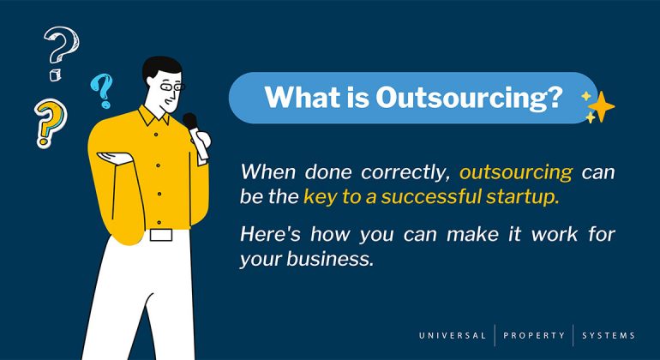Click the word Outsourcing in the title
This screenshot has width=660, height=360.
(x=470, y=98)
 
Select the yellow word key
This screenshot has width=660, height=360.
(x=321, y=197)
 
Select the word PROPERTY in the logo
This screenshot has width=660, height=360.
(x=534, y=335)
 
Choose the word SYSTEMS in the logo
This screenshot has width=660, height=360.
(x=610, y=335)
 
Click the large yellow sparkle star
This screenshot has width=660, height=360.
(x=601, y=106)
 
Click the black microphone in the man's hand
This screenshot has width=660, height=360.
(x=191, y=124)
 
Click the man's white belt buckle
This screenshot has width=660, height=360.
(x=160, y=234)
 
